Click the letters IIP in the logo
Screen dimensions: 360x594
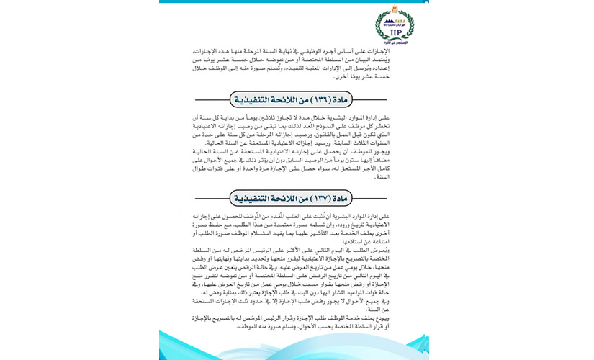(395, 32)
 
